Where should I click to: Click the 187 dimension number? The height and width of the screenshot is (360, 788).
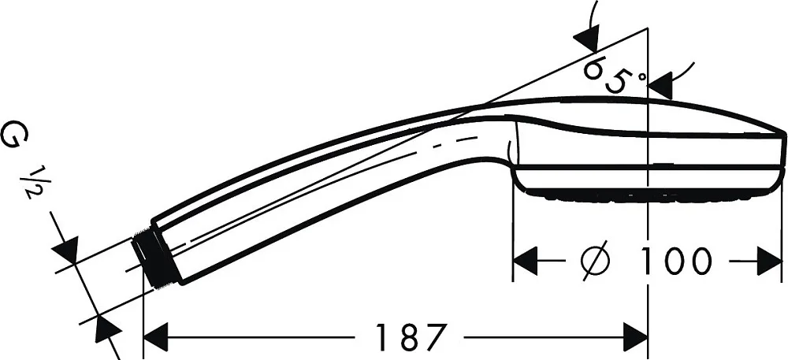(411, 337)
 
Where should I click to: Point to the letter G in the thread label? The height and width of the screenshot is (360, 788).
(14, 135)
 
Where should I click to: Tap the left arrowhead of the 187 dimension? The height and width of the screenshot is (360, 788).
(155, 337)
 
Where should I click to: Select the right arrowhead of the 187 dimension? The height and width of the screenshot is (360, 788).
(635, 337)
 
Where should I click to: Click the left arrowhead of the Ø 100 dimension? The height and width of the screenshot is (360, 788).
(525, 261)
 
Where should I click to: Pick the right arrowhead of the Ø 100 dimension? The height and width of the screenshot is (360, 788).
(770, 261)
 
